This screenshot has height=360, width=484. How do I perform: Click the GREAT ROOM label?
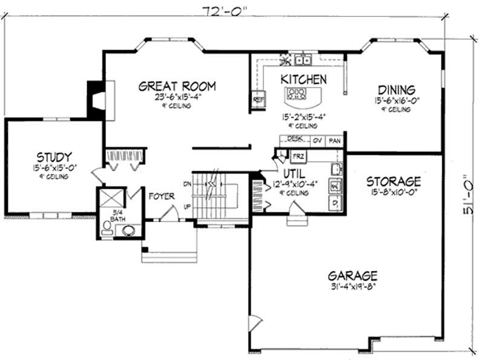[x=177, y=86]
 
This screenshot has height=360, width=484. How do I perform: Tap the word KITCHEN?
[x=304, y=79]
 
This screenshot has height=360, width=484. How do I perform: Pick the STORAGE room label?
[x=393, y=182]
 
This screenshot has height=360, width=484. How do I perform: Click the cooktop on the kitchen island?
[x=297, y=93]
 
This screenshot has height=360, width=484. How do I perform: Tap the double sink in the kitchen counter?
[x=302, y=60]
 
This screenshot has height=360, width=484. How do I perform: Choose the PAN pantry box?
[x=335, y=140]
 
